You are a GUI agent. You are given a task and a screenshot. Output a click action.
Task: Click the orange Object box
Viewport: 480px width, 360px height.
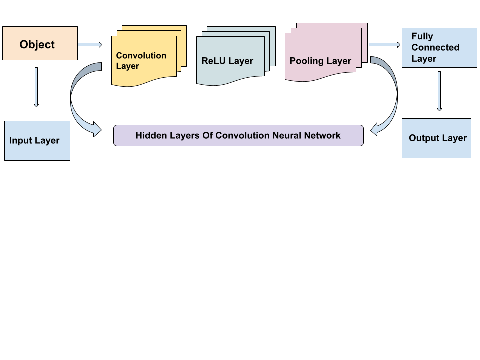[x=40, y=44]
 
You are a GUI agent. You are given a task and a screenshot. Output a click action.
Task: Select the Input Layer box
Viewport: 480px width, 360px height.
[x=37, y=140]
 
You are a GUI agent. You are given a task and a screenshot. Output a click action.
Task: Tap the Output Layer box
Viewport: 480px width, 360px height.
[x=436, y=138]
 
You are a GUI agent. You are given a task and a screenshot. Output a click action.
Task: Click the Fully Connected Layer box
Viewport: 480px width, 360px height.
[x=439, y=47]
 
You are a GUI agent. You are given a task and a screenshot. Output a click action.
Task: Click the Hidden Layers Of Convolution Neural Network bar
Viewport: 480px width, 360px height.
[x=238, y=135]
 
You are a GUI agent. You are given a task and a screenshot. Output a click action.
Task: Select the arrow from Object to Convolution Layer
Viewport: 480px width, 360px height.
[x=90, y=45]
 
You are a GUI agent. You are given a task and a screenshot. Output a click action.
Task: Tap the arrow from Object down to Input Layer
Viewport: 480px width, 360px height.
[x=36, y=87]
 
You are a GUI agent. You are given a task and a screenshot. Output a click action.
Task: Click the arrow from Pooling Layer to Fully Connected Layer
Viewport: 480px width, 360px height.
[x=384, y=45]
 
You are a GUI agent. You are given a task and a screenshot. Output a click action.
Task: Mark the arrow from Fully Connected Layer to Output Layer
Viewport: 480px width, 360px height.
[x=439, y=91]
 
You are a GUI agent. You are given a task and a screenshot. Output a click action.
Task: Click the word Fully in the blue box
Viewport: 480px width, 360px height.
[x=422, y=36]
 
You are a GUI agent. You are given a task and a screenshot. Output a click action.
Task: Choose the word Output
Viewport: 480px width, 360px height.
[x=423, y=138]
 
